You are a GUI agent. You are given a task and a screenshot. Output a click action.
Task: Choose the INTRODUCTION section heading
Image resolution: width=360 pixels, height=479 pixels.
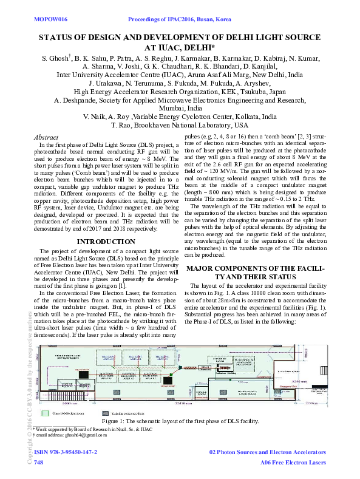click(x=106, y=242)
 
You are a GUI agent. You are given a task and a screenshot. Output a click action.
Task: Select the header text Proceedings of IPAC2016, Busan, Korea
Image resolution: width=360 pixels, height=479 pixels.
click(x=180, y=20)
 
